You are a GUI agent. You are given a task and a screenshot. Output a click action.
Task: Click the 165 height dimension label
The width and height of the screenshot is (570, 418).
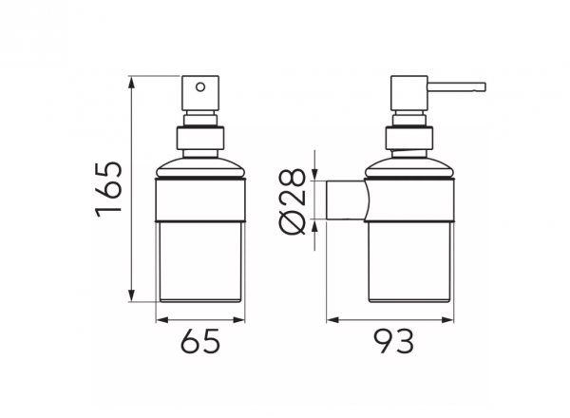pyautogui.click(x=108, y=189)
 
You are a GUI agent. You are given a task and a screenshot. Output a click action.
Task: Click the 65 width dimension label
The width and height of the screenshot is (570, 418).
pyautogui.click(x=200, y=341)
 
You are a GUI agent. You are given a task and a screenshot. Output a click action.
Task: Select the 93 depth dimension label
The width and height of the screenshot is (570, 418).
pyautogui.click(x=394, y=341)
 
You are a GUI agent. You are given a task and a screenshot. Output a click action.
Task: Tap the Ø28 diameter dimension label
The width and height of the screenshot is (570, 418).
pyautogui.click(x=293, y=201)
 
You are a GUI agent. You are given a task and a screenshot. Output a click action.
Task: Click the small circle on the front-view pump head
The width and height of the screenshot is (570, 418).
pyautogui.click(x=200, y=87)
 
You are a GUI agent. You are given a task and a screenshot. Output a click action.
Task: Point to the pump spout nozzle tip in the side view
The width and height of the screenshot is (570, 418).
pyautogui.click(x=484, y=86)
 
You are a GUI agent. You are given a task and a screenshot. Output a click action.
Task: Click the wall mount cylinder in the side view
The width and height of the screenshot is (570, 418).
pyautogui.click(x=346, y=199)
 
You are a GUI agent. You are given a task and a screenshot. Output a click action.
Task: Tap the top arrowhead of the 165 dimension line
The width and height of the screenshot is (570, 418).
pyautogui.click(x=132, y=82)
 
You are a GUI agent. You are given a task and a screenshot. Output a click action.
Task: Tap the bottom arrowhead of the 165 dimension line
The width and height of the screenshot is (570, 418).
pyautogui.click(x=132, y=295)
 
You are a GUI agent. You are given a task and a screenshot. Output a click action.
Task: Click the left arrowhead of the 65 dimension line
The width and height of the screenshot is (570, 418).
pyautogui.click(x=161, y=320)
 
